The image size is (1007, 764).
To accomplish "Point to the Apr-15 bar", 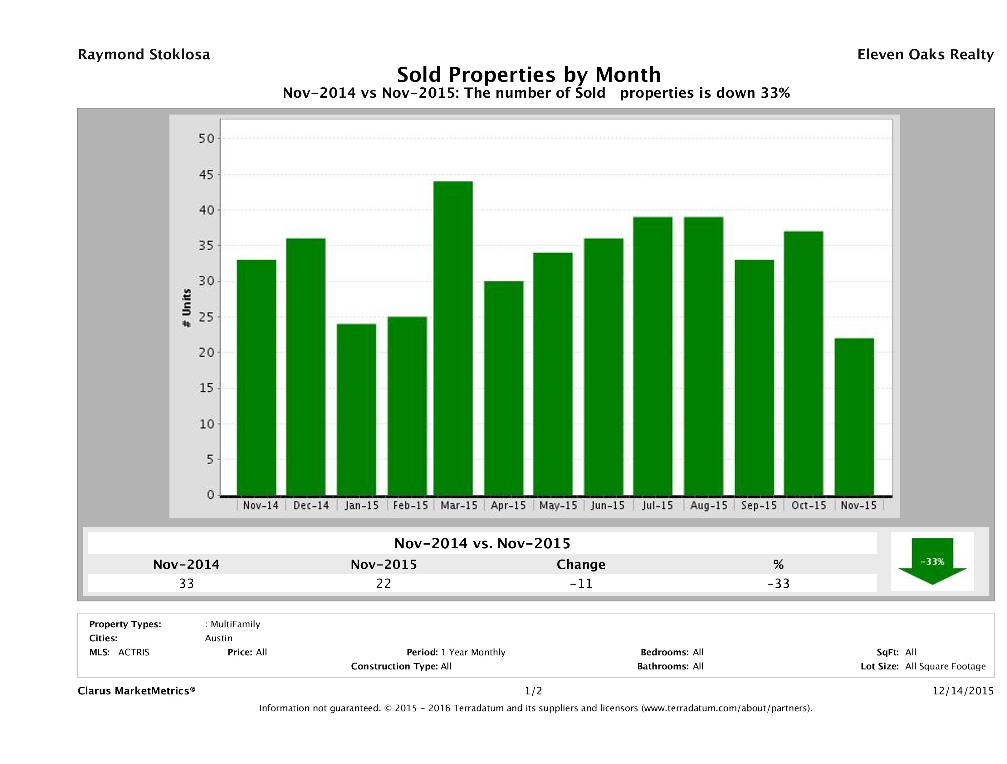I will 504,388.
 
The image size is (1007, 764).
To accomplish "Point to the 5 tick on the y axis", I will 209,459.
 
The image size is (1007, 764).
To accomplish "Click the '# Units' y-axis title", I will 187,308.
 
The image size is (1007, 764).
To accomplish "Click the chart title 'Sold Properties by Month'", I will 529,74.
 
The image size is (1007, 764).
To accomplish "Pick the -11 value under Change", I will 581,583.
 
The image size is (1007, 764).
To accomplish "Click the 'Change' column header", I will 581,565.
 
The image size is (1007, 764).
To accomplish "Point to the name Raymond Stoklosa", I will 144,55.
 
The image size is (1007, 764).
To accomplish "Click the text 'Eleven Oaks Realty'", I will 925,55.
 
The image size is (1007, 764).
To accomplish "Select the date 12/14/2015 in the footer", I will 963,691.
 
